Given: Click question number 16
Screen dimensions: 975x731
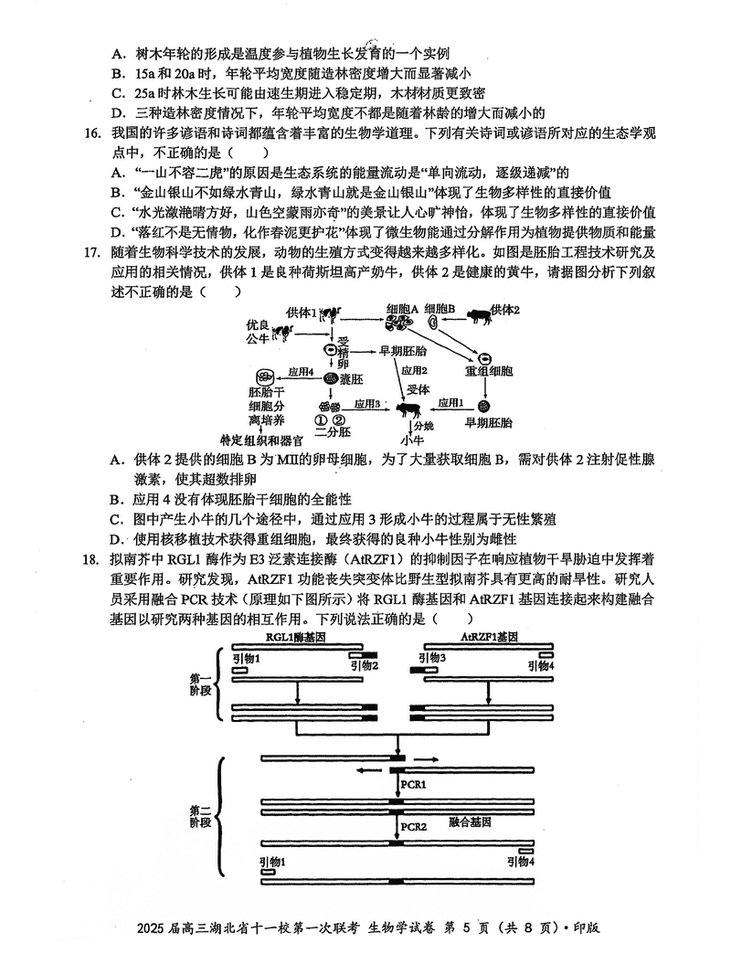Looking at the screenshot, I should click(91, 134).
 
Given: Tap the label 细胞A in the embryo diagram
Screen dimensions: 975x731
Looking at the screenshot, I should click(402, 311).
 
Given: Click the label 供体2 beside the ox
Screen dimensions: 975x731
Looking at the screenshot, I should click(505, 311).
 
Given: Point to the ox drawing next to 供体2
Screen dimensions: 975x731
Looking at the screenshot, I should click(475, 316).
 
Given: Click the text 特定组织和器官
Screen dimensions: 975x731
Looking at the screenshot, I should click(268, 440).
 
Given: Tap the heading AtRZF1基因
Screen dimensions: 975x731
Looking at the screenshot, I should click(489, 637).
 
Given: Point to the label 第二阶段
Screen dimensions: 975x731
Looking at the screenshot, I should click(199, 816).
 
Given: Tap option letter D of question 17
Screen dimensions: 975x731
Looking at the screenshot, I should click(116, 539).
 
